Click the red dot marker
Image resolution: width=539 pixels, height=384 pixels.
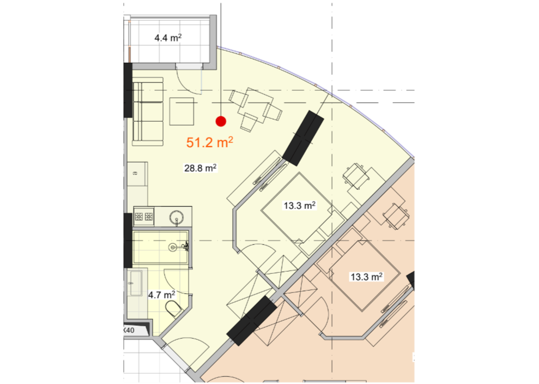221,121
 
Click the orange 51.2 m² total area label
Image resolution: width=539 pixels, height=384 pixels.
210,143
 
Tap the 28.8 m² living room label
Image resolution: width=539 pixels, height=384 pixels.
201,168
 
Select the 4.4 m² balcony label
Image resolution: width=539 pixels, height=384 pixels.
168,38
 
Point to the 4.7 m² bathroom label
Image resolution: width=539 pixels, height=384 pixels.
161,296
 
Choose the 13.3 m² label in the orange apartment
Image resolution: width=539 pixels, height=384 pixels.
366,277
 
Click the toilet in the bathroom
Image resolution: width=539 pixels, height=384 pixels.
173,309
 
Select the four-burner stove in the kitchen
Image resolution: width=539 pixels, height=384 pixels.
143,217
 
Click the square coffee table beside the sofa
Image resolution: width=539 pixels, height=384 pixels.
183,111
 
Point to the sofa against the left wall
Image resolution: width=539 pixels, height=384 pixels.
148,112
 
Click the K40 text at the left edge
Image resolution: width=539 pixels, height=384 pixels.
129,330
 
